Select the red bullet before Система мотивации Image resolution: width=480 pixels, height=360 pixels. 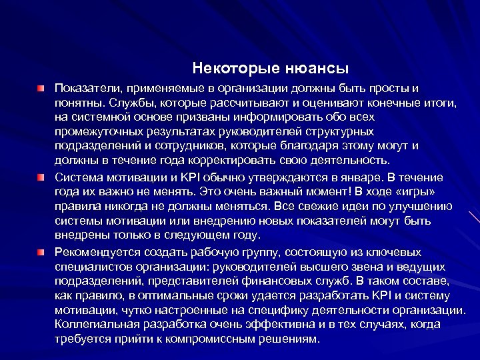point(41,177)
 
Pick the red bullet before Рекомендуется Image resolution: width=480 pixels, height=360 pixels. point(41,252)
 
